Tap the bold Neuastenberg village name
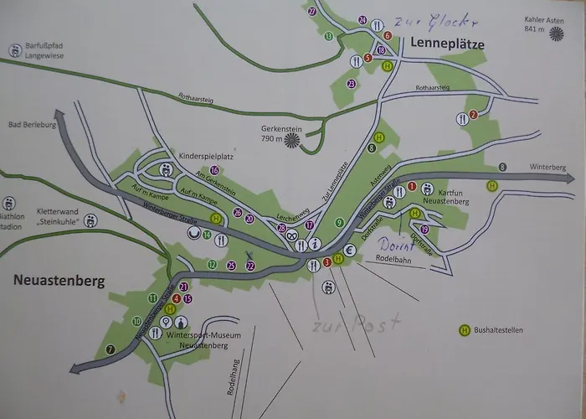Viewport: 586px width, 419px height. [x=59, y=281]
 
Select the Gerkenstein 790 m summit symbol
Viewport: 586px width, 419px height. [x=293, y=139]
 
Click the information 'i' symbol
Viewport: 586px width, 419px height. [x=315, y=244]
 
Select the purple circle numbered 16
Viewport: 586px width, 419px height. [x=215, y=170]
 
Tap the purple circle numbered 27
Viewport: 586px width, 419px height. [x=311, y=11]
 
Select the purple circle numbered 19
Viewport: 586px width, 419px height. [x=424, y=230]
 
